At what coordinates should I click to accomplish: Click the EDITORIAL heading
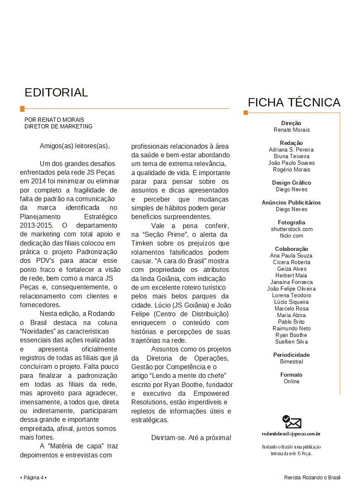pos(56,93)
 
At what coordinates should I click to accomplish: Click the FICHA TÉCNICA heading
pos(294,103)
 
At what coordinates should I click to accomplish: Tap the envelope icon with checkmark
pos(292,422)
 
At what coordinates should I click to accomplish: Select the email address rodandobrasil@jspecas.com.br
pos(291,434)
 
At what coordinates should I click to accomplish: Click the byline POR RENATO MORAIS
pos(54,119)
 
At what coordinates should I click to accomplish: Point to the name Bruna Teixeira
pos(291,156)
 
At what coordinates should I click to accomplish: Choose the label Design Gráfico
pos(291,183)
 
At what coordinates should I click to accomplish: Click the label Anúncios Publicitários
pos(291,202)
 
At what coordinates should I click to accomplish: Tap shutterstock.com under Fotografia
pos(291,229)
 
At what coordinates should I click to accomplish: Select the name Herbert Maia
pos(291,275)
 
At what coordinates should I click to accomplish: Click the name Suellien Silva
pos(291,342)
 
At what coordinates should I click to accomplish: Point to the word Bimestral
pos(291,362)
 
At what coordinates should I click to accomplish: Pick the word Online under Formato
pos(291,381)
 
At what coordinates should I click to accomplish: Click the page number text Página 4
pos(34,477)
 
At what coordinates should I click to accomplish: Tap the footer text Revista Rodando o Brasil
pos(312,477)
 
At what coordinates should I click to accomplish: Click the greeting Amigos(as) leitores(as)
pos(75,146)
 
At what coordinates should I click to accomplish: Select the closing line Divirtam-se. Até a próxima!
pos(191,437)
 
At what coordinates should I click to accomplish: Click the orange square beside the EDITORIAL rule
pos(22,109)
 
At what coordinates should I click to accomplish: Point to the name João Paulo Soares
pos(291,163)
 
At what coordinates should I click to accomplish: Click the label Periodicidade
pos(291,355)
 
